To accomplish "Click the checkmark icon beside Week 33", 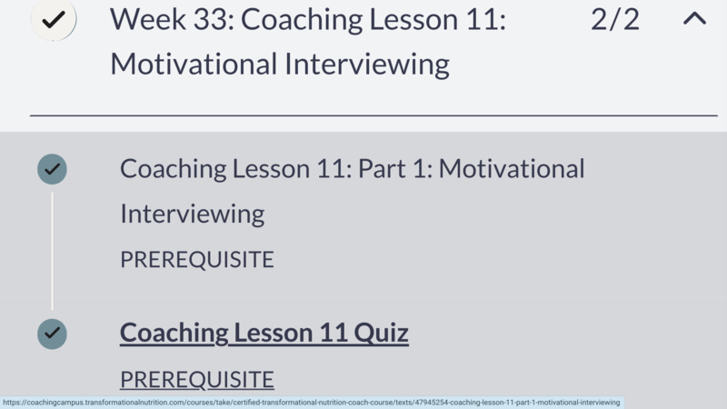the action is coord(54,19).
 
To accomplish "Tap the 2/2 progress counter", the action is coord(615,20).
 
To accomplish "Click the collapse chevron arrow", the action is coord(694,18).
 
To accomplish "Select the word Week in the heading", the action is coord(148,19).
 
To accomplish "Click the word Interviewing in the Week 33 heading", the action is coord(367,64).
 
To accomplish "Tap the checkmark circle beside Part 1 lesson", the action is coord(52,169).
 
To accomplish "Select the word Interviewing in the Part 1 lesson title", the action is coord(193,214).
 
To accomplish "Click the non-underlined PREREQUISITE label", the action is coord(197,259).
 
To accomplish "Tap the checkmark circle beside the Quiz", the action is coord(52,334).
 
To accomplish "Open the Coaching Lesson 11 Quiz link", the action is coord(264,333).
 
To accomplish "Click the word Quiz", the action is coord(381,333).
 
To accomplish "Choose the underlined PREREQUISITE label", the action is coord(197,380).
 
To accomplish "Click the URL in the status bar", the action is coord(312,403).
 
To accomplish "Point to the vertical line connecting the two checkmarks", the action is coord(52,252).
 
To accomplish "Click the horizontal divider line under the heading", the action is coord(373,115).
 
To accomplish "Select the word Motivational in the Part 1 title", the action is coord(512,168).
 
